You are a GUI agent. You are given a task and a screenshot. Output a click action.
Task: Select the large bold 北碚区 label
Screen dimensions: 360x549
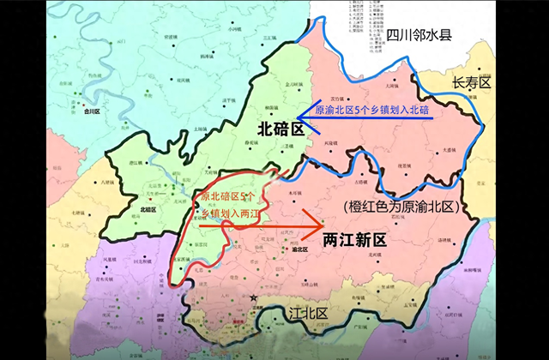[281, 129]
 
